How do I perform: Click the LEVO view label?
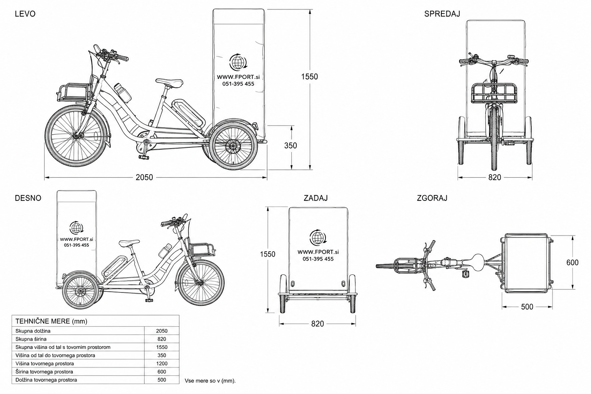pyautogui.click(x=25, y=14)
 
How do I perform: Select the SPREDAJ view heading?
pyautogui.click(x=442, y=14)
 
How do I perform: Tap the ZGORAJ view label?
pyautogui.click(x=432, y=198)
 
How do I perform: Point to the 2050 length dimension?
pyautogui.click(x=144, y=177)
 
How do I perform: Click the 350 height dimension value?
pyautogui.click(x=290, y=145)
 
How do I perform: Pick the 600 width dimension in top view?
pyautogui.click(x=573, y=262)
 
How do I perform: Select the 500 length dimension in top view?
pyautogui.click(x=527, y=307)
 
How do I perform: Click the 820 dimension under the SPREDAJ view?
pyautogui.click(x=495, y=177)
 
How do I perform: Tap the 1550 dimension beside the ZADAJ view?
pyautogui.click(x=267, y=254)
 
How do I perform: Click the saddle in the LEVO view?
pyautogui.click(x=169, y=83)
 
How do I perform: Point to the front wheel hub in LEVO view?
pyautogui.click(x=77, y=136)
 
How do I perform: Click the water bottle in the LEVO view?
pyautogui.click(x=123, y=93)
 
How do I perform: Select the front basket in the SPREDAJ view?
pyautogui.click(x=494, y=93)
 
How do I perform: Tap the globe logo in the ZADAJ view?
pyautogui.click(x=318, y=237)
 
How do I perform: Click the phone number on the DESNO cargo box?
pyautogui.click(x=77, y=245)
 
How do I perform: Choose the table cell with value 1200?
pyautogui.click(x=162, y=363)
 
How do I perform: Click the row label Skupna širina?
pyautogui.click(x=31, y=339)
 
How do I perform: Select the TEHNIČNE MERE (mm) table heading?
pyautogui.click(x=51, y=321)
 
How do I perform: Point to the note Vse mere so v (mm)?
pyautogui.click(x=210, y=381)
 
